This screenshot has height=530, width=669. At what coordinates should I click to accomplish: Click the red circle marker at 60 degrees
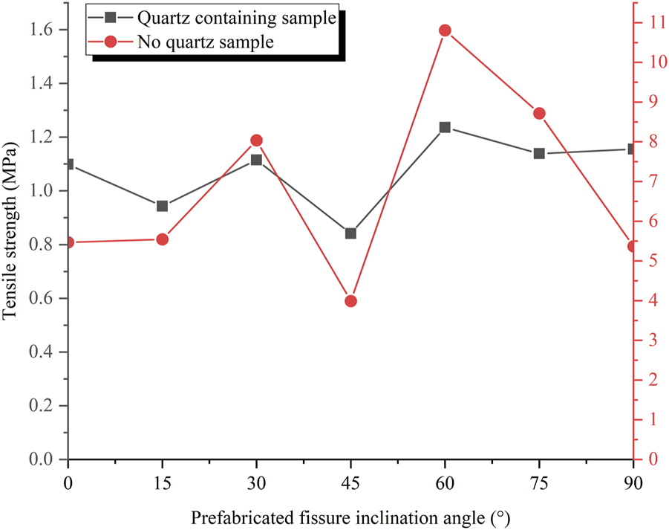point(445,30)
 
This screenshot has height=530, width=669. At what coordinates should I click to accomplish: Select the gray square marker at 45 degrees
point(350,233)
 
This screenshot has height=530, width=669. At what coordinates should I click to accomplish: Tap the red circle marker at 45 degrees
point(350,301)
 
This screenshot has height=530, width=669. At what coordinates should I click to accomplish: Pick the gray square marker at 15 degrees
point(163,206)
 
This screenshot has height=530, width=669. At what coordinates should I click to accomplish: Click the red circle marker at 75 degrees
point(539,114)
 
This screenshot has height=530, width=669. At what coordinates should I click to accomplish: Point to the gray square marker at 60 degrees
point(445,127)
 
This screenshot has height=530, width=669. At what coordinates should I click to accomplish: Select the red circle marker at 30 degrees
point(256,140)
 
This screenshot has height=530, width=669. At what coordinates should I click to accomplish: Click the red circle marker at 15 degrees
point(163,239)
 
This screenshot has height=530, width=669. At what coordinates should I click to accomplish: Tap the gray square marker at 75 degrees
point(539,154)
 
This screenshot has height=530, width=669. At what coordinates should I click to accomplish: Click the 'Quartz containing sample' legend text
point(236,19)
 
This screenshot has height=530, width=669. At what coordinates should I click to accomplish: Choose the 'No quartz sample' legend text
point(206,42)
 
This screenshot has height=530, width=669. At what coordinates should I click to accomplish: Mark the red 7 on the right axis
point(650,181)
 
